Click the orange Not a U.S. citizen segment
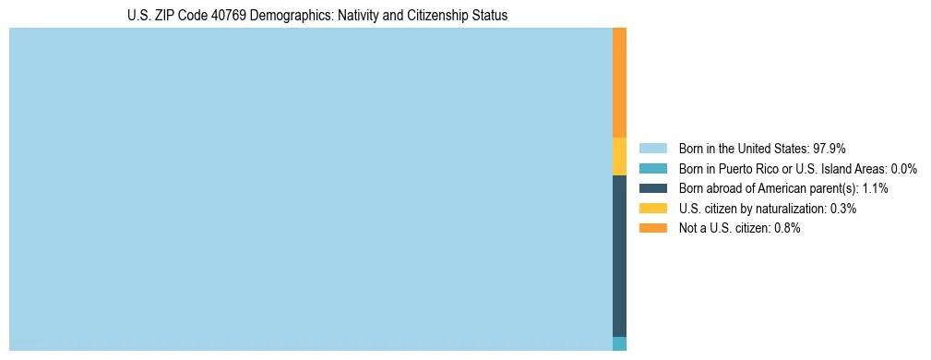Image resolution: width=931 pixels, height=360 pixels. [619, 82]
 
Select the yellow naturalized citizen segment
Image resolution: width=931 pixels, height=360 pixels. [619, 156]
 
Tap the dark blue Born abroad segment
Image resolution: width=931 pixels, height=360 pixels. [619, 256]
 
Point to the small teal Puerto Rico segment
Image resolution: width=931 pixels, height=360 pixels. [619, 343]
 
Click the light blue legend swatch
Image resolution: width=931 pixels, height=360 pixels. [652, 148]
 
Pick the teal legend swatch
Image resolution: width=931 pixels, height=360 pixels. [652, 168]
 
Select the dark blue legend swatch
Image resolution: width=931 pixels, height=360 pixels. [652, 188]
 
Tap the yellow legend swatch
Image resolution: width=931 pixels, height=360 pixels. [652, 209]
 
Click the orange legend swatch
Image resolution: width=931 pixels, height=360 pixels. [652, 228]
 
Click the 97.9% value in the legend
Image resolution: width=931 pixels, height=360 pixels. [830, 148]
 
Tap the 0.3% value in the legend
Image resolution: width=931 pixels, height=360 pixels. [842, 209]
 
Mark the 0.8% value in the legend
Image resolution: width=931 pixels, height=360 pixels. [786, 228]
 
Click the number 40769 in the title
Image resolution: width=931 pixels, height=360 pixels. [240, 16]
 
